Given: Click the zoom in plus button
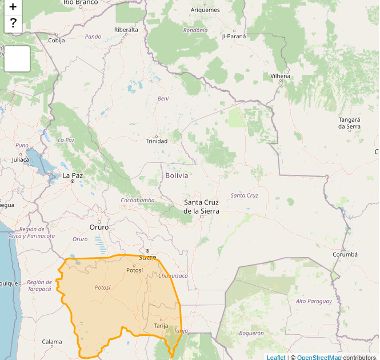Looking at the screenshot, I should point(13,7).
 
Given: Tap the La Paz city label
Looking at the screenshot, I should point(73,175).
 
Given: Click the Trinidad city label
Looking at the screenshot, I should point(157,141).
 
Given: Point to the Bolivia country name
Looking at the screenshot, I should point(177,175).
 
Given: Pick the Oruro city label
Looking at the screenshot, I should point(99,227).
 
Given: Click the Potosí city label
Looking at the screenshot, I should point(135,270).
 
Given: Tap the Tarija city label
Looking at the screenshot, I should point(161,326).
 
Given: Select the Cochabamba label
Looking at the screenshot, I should point(137,201).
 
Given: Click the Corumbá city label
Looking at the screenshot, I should point(345,254).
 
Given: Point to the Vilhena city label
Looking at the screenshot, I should point(280,76).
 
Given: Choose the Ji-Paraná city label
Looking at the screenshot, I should point(234,36).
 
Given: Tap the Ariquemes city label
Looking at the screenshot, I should point(206,10).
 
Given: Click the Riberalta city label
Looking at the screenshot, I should point(126,30).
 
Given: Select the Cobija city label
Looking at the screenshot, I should point(57,41).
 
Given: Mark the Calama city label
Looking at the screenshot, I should point(52,342).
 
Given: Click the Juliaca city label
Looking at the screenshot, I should point(21,159).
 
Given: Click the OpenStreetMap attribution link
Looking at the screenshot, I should point(319,357).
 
